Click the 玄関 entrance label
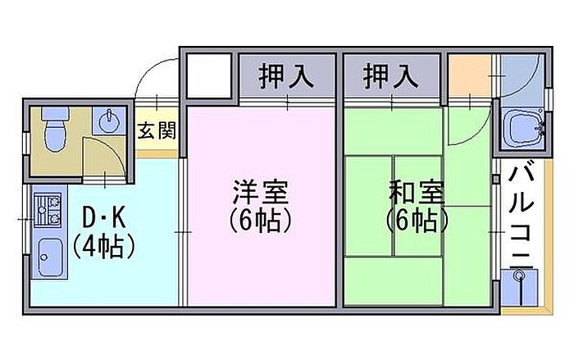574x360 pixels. click(x=156, y=130)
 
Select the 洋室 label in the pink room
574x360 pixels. click(x=260, y=194)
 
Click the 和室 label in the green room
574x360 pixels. click(x=417, y=194)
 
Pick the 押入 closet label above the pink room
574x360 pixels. click(x=286, y=77)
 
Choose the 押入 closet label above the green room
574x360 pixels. click(x=390, y=77)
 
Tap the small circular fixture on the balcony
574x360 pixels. click(x=517, y=280)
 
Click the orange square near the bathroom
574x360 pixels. click(x=469, y=77)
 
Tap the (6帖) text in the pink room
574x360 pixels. click(x=260, y=221)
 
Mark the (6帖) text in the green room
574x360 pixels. click(x=417, y=221)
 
